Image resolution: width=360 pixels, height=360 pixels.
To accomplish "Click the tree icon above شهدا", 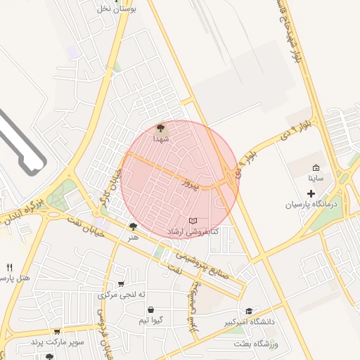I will coord(160,128).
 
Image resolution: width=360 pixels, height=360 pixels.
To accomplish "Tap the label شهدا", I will coord(161,139).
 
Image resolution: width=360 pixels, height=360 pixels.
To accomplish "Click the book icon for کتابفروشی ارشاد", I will coord(193,221).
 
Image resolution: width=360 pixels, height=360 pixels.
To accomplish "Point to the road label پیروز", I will coord(188,184).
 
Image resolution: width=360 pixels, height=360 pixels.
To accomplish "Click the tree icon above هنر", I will coord(134,226).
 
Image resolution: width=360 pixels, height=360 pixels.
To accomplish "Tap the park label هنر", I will coord(133,237).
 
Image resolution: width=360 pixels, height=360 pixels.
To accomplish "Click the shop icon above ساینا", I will coord(316,167).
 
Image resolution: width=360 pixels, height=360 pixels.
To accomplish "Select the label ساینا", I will coord(316,179).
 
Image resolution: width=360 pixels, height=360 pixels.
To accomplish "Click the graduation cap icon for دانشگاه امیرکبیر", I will coord(248,311).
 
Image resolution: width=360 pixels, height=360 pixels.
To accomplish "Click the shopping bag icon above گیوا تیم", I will coord(151,309).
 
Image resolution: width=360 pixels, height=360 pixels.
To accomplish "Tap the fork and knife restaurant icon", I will coord(10,267).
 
